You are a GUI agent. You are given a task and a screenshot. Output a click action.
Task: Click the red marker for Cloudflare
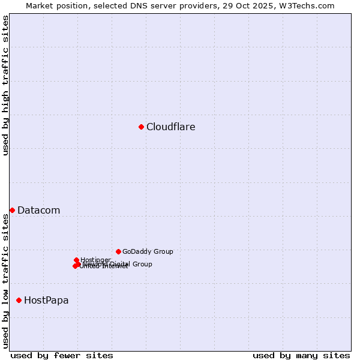tap(141, 127)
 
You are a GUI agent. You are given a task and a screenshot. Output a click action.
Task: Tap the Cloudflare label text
tap(171, 127)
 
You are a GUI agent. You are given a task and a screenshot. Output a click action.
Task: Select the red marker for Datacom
tap(12, 210)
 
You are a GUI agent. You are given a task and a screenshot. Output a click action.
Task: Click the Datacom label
tap(39, 211)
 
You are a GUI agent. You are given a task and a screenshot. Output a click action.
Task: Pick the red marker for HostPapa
tap(19, 300)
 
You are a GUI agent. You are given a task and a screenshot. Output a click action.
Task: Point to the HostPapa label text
tap(46, 301)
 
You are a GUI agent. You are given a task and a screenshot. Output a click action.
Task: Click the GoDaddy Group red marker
tap(118, 251)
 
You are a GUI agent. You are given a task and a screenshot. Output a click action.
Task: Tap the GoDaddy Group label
tap(148, 252)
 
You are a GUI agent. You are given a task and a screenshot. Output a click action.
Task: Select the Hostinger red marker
tap(76, 260)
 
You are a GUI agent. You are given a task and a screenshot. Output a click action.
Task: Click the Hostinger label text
tap(96, 260)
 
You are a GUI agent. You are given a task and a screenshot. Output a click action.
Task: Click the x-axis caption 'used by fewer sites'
tap(62, 355)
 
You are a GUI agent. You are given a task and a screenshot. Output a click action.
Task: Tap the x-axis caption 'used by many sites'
tap(301, 355)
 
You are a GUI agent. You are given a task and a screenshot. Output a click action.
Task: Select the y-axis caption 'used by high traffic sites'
tap(5, 85)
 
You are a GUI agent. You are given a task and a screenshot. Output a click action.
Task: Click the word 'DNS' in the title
tap(134, 5)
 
